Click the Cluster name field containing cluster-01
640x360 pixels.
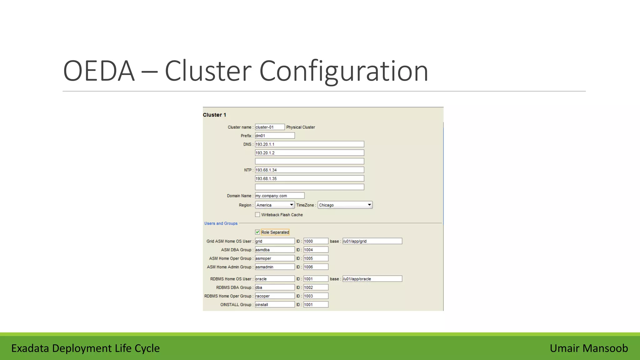(x=269, y=127)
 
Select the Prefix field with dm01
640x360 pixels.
(x=274, y=136)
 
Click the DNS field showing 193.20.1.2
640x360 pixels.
(x=309, y=153)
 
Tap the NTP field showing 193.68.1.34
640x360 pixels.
(x=309, y=170)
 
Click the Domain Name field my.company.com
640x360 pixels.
(x=279, y=196)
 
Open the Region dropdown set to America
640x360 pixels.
(x=275, y=205)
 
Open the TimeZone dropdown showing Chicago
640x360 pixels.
(x=345, y=205)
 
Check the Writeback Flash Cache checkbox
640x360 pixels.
(x=257, y=215)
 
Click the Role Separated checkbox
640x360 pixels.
(x=257, y=232)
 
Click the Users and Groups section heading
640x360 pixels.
(x=221, y=223)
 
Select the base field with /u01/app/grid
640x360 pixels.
(x=372, y=241)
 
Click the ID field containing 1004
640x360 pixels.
(x=316, y=250)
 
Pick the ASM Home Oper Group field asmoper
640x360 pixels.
(x=274, y=258)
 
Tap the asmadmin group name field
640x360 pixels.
(x=274, y=267)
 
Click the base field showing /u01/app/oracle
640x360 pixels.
(x=372, y=279)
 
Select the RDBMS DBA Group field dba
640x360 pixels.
(x=274, y=287)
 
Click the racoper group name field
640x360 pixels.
(x=274, y=296)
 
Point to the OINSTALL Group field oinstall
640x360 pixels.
(x=274, y=305)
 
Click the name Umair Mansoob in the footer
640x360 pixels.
(x=589, y=348)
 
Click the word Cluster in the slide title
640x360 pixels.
(x=208, y=71)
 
